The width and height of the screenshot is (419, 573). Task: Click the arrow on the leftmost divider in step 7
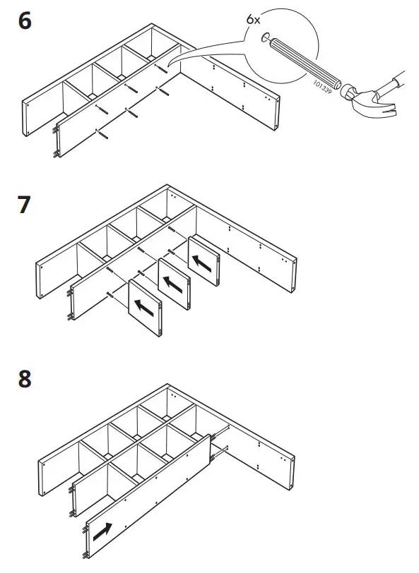tap(145, 307)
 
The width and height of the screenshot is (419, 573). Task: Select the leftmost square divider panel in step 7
tap(146, 308)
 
